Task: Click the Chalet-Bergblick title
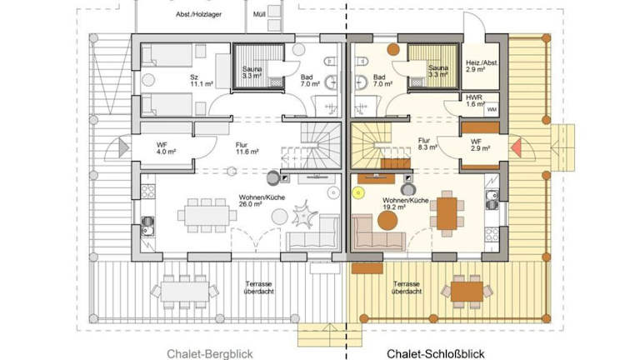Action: (210, 354)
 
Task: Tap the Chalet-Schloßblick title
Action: (436, 354)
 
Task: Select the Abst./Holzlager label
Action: (199, 14)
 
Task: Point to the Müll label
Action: (259, 14)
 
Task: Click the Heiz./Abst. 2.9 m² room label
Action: (482, 66)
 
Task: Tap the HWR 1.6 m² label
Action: (474, 101)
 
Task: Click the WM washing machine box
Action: (492, 110)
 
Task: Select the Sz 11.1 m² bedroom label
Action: (202, 80)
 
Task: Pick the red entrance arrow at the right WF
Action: (517, 147)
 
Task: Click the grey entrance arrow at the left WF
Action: (123, 147)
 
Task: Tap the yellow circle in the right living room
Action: (358, 192)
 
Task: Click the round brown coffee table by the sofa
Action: (387, 221)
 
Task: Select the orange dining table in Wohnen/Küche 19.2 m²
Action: (447, 213)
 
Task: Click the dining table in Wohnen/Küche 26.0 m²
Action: (207, 216)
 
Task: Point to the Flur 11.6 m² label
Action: (247, 148)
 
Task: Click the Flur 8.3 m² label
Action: (427, 144)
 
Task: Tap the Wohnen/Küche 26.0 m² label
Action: (262, 200)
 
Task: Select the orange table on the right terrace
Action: (467, 292)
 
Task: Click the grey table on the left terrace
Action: (185, 292)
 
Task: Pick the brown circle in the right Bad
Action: (393, 49)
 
